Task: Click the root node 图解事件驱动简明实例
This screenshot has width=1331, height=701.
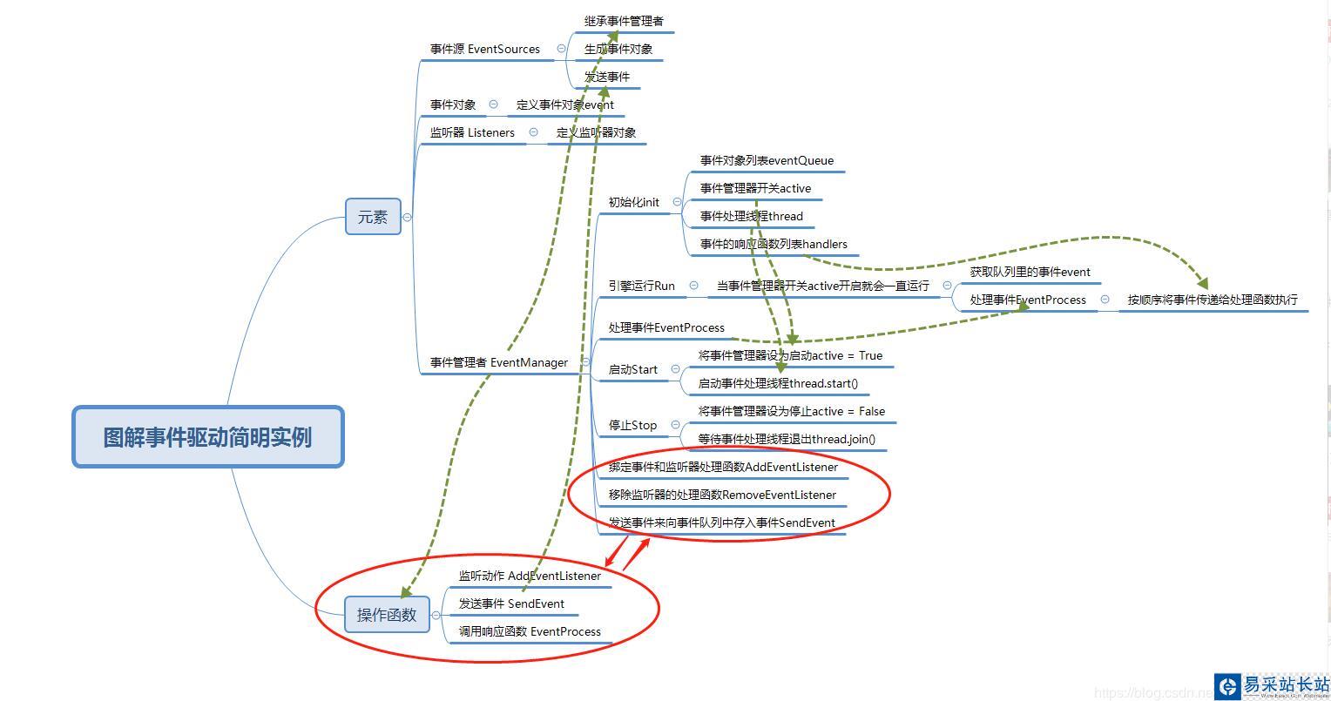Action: tap(207, 436)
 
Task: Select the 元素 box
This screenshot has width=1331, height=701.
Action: tap(373, 217)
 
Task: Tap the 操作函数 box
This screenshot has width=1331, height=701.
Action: tap(387, 615)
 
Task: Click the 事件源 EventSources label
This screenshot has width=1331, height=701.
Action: tap(484, 50)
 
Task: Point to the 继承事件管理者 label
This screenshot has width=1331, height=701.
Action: tap(624, 21)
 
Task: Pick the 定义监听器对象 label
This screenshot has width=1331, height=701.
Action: tap(596, 133)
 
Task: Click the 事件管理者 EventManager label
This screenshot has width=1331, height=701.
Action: tap(498, 363)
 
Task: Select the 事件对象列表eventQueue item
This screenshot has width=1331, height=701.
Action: tap(767, 161)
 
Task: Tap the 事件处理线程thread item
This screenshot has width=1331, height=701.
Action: tap(751, 217)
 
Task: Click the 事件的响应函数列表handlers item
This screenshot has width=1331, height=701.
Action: tap(774, 245)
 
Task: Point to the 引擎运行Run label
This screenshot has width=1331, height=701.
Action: tap(641, 286)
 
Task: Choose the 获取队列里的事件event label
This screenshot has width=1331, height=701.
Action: tap(1030, 273)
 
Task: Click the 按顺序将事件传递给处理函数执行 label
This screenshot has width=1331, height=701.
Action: tap(1213, 300)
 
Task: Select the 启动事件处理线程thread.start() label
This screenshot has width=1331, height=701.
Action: tap(778, 384)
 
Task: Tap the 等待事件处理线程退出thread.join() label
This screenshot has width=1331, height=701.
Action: tap(787, 440)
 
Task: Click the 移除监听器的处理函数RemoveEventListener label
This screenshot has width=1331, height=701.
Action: tap(722, 495)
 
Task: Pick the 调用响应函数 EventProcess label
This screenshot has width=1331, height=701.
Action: tap(530, 632)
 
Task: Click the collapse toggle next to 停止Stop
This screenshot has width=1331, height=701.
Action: tap(675, 425)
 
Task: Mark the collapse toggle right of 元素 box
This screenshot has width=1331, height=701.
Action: tap(407, 217)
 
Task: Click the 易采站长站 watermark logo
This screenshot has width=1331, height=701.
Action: tap(1272, 685)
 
